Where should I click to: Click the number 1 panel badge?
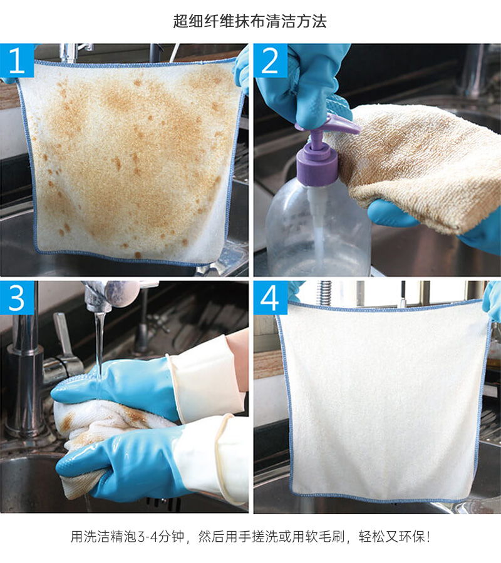(17, 60)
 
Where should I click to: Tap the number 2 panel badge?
(271, 60)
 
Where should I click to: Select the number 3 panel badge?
(17, 298)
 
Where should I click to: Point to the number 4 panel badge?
(271, 298)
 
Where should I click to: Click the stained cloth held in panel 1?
(130, 161)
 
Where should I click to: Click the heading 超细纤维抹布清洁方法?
(250, 21)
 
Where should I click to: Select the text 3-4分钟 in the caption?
(161, 537)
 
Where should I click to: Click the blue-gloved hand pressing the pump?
(306, 86)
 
